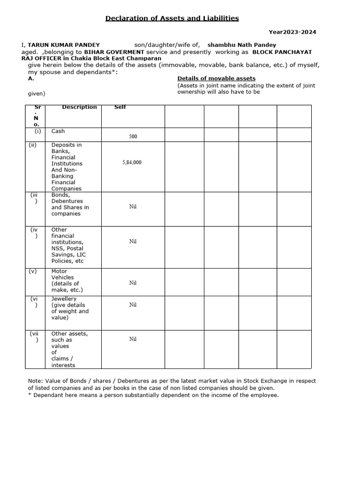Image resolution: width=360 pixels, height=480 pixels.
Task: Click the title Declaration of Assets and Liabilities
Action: pos(172,18)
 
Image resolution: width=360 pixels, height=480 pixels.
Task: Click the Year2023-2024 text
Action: pos(292,32)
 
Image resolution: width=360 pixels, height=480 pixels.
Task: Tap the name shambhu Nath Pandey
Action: pos(242,45)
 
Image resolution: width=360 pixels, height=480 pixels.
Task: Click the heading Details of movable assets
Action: pos(216,78)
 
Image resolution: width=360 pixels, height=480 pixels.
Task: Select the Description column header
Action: pos(79,107)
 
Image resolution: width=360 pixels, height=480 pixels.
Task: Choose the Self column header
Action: pos(120,107)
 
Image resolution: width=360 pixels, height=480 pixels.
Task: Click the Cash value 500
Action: pos(133,137)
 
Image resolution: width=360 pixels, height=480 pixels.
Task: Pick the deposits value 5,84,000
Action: pos(132,162)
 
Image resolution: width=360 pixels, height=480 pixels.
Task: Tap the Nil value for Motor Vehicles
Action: pos(133,283)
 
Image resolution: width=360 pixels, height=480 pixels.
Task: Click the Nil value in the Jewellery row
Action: pos(133,305)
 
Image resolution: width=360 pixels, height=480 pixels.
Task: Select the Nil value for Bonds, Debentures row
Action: pos(133,206)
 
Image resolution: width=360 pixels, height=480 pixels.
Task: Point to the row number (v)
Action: pos(34,271)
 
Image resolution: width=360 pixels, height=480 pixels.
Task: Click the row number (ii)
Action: pos(32,145)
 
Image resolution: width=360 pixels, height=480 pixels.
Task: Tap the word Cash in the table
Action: pos(58,132)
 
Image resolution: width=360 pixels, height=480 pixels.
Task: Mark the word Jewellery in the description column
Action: pos(64,299)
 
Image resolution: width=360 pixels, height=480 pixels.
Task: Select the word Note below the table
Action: pos(35,381)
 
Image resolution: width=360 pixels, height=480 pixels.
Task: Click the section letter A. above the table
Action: pos(31,79)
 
